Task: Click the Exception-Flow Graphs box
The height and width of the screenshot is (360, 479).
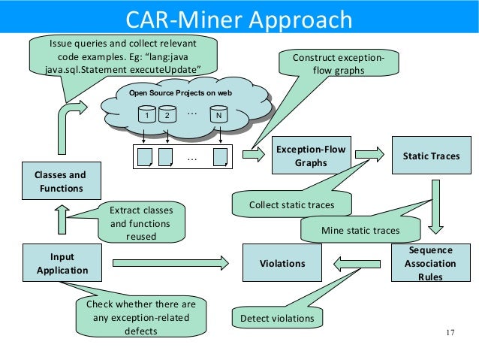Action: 311,156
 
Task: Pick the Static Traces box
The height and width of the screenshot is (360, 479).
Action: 431,156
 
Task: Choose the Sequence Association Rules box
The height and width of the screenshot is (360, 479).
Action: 431,263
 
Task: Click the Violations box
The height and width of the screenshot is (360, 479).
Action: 282,263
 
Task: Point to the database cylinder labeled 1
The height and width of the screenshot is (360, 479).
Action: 147,115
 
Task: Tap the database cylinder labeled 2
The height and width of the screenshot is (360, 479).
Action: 167,115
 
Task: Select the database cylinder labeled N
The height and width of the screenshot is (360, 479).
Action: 218,115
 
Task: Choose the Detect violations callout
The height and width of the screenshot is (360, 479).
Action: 276,319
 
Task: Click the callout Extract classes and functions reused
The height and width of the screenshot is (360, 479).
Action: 141,223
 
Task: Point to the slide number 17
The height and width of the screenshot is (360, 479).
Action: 450,333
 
